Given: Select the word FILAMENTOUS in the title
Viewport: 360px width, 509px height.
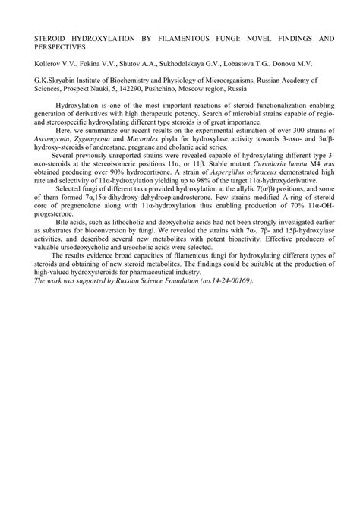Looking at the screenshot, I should click(170, 37).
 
